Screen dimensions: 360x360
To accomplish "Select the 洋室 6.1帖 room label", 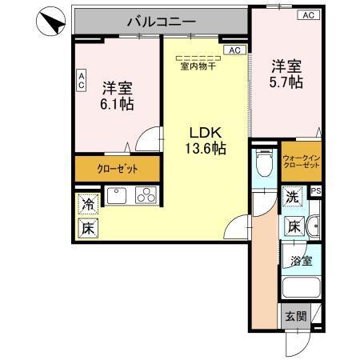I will coord(117,95).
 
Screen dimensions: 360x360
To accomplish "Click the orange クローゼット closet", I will coord(117,169).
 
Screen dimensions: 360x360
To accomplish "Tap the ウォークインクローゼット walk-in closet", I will coord(301,160).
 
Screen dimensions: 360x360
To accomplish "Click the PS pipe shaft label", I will coord(315,191).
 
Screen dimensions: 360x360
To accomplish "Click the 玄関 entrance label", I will coord(294,316).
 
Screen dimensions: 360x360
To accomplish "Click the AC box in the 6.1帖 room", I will coord(81,80).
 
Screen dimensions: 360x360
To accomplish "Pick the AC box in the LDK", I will coord(234,50).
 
